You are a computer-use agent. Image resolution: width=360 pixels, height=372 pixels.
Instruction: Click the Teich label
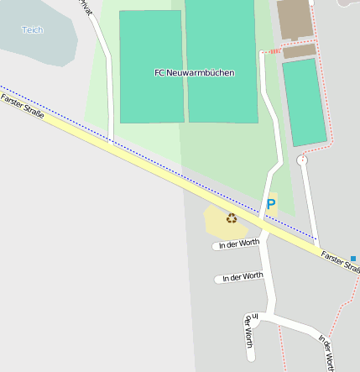click(x=32, y=29)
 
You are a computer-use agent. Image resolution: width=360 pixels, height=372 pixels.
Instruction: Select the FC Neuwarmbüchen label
click(x=195, y=73)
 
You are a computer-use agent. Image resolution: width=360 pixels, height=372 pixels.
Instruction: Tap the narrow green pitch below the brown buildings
click(x=304, y=101)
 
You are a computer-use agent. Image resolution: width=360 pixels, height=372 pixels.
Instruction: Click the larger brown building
click(x=293, y=19)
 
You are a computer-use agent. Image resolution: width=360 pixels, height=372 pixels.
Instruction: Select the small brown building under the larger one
click(x=299, y=51)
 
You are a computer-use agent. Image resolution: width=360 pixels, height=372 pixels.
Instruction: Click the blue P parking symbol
click(x=270, y=203)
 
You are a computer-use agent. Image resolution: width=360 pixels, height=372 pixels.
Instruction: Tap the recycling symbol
click(x=231, y=218)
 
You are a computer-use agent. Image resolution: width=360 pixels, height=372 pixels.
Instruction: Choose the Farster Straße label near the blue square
click(x=341, y=259)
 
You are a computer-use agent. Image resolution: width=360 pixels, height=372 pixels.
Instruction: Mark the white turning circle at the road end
click(x=303, y=160)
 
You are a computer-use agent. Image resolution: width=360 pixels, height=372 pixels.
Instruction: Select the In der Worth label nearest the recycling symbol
click(x=238, y=244)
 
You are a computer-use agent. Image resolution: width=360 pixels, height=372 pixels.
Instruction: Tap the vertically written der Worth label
click(x=248, y=332)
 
